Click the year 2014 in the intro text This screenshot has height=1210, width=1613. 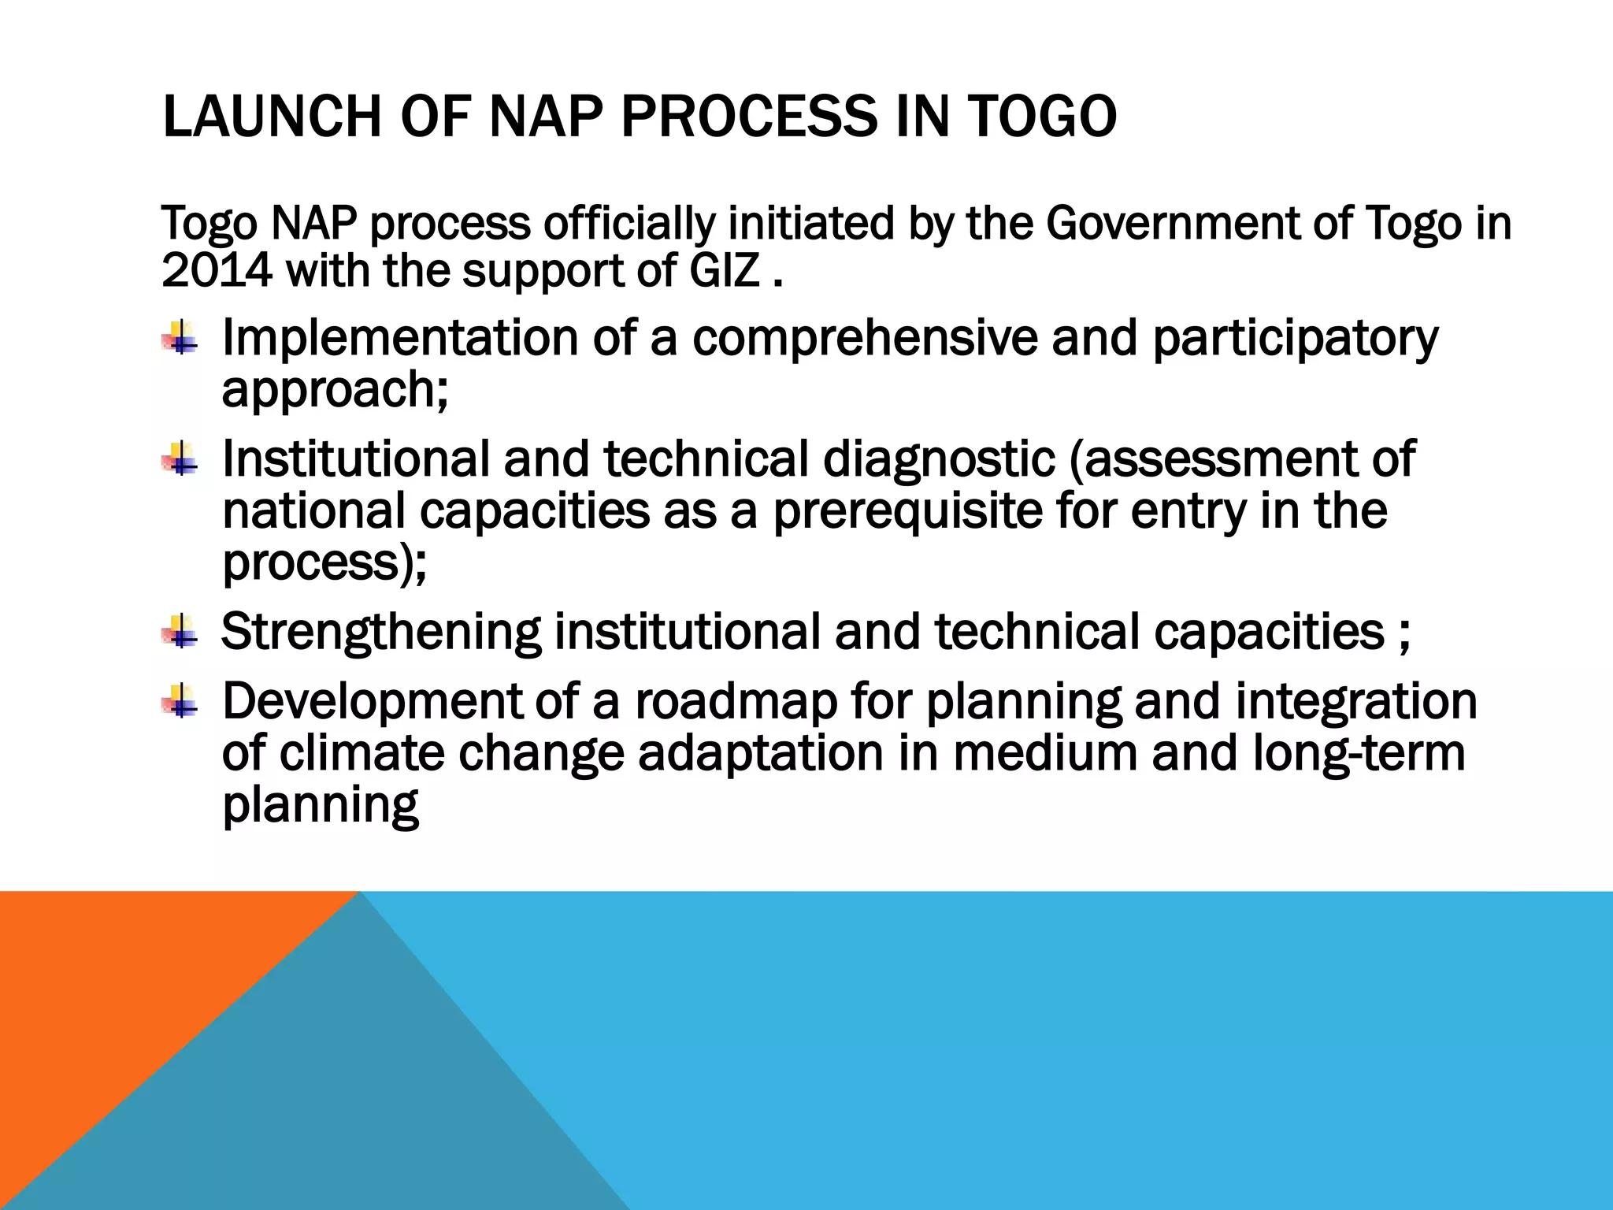pos(217,271)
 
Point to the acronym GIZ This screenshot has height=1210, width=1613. pos(725,271)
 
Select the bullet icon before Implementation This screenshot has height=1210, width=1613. pos(181,339)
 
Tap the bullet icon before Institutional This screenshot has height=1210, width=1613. pos(181,459)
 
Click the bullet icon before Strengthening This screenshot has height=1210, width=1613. pos(181,632)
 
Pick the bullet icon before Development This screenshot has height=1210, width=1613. pos(181,700)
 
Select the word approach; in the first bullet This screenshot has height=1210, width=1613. pos(335,392)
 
